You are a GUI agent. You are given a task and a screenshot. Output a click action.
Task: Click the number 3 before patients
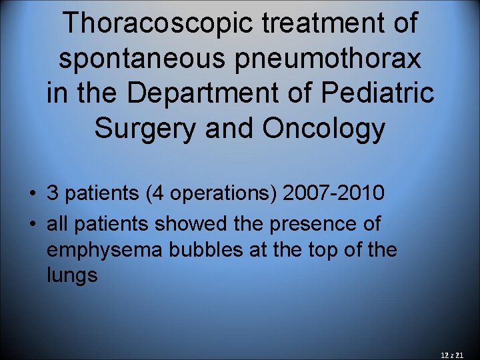pyautogui.click(x=53, y=193)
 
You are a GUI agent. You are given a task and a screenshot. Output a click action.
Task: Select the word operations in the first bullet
pyautogui.click(x=224, y=193)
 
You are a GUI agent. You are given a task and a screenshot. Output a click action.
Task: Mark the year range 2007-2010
pyautogui.click(x=333, y=193)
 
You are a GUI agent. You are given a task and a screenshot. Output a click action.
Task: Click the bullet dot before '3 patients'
pyautogui.click(x=32, y=194)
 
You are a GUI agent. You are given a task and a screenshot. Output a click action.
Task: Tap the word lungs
pyautogui.click(x=72, y=275)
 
